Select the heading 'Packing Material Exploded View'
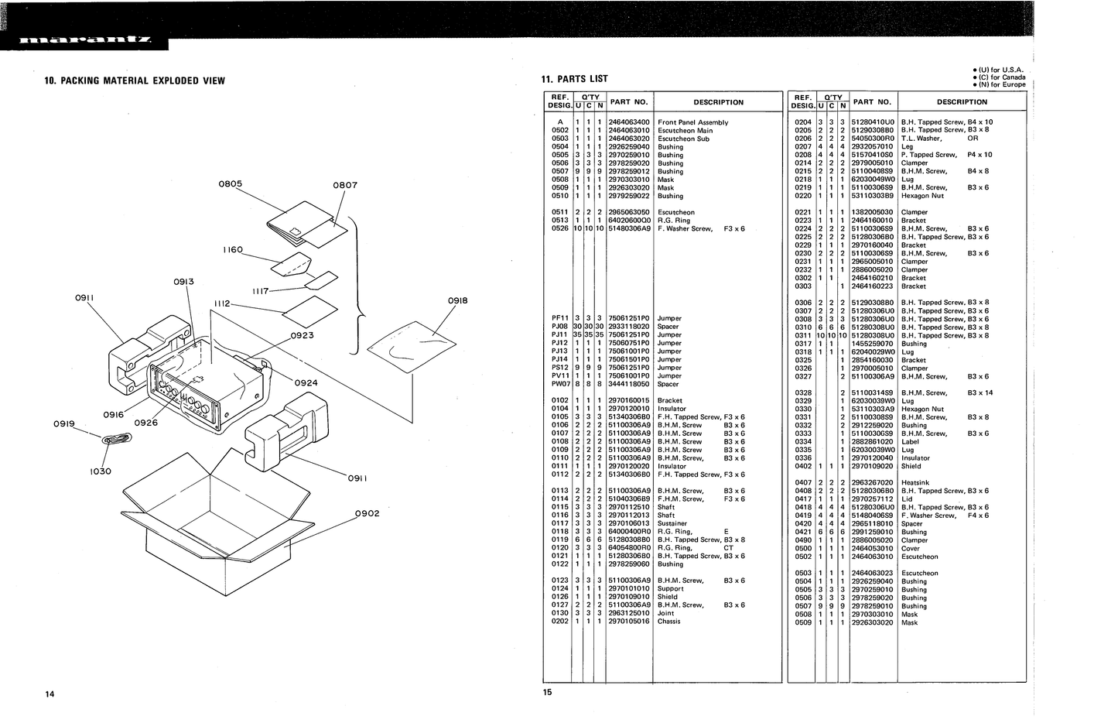click(x=135, y=81)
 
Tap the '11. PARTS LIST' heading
click(x=574, y=79)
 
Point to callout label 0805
click(x=231, y=184)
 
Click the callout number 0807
click(x=345, y=185)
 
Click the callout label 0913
click(x=183, y=282)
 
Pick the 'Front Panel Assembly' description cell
click(x=692, y=122)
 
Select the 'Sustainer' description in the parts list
click(x=672, y=523)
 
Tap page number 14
click(x=50, y=694)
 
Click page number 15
click(x=548, y=693)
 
